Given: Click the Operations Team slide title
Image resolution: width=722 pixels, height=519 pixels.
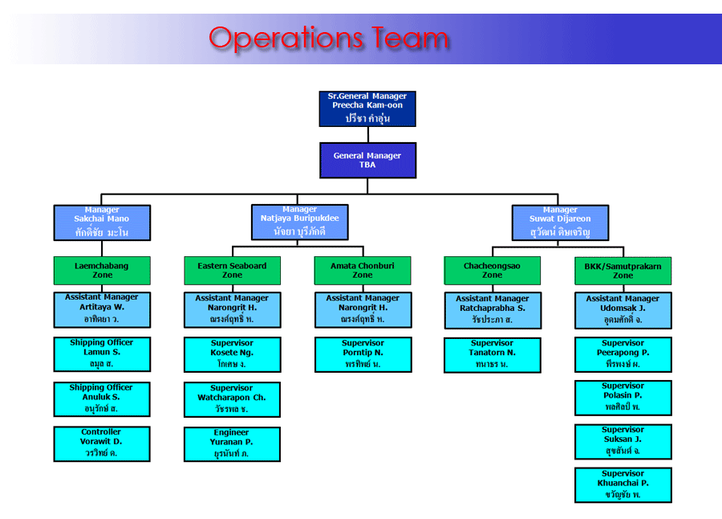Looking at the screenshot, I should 329,38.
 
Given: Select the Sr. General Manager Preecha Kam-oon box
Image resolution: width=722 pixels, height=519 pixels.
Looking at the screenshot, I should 367,108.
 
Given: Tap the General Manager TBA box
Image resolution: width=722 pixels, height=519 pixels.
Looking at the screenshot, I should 367,160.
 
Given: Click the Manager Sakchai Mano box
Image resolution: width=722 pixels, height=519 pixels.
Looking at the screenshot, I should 102,223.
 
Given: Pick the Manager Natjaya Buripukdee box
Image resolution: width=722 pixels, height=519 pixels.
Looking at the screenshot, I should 299,223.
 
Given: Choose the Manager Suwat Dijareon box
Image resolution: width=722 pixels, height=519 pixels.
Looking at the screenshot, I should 560,223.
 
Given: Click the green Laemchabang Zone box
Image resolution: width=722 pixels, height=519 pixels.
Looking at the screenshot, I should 102,271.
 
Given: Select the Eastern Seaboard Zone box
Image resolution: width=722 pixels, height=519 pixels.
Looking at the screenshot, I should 232,271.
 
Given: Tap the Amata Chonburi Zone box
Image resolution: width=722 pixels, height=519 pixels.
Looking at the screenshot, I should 362,271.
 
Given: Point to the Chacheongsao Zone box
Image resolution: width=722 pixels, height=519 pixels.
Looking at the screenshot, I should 492,271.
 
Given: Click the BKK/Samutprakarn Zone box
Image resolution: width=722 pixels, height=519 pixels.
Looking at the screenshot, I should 623,271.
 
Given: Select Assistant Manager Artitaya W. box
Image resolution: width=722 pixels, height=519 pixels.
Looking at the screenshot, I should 102,309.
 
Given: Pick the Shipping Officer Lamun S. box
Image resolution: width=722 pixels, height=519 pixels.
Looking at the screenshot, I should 102,354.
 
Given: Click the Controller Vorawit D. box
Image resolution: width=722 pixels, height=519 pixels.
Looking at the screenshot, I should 102,443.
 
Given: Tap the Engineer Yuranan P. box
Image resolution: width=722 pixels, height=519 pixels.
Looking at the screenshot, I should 232,444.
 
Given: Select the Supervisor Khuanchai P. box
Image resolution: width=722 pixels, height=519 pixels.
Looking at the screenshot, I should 623,485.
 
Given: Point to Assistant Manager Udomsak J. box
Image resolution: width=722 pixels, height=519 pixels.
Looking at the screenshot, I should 623,310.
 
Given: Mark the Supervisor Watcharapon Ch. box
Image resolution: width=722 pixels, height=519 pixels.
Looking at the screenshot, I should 232,399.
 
